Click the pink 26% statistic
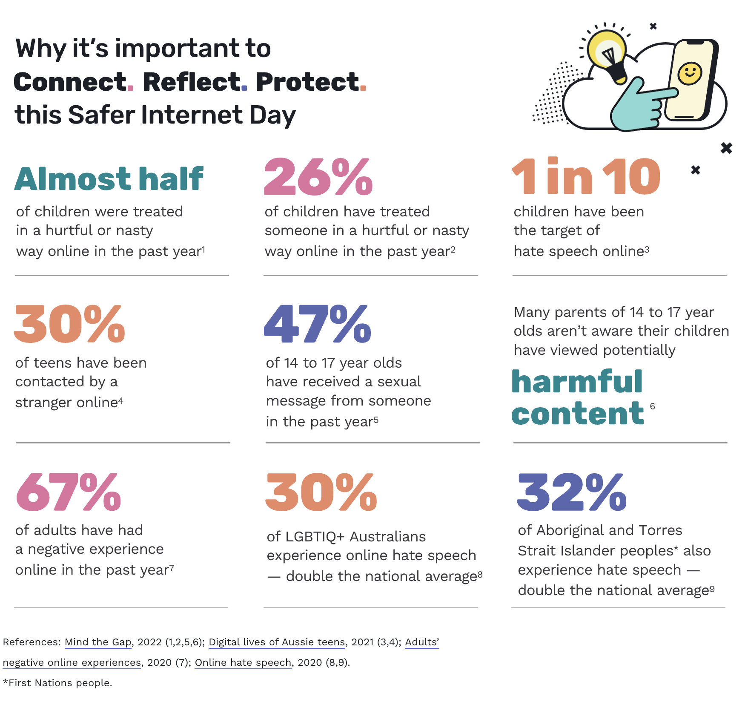point(318,177)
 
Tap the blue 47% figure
point(317,325)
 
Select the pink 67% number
point(69,492)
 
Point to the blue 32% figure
point(571,492)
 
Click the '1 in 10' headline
point(586,177)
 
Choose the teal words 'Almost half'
point(109,179)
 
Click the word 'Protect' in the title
point(307,82)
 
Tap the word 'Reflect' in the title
point(192,82)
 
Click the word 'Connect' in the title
point(70,82)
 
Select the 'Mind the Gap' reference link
point(98,642)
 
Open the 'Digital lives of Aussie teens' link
point(277,642)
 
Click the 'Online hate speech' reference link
point(243,662)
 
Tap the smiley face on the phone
point(690,73)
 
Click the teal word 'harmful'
point(577,382)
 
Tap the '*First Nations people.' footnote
point(57,683)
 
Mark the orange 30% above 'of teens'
point(69,325)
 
